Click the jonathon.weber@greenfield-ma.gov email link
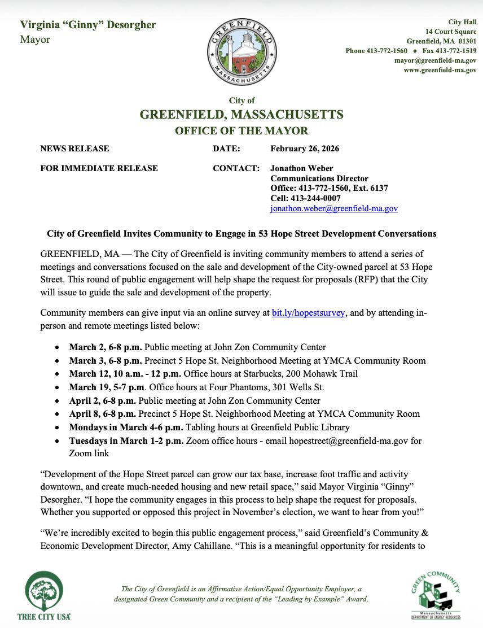tap(334, 208)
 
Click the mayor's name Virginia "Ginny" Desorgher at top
tap(88, 25)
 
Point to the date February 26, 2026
tap(305, 149)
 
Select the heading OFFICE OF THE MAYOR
tap(242, 131)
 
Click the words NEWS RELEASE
tap(74, 149)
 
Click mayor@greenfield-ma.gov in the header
tap(435, 60)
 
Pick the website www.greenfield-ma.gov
tap(440, 70)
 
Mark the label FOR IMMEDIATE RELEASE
tap(99, 168)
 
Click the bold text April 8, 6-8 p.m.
tap(102, 414)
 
